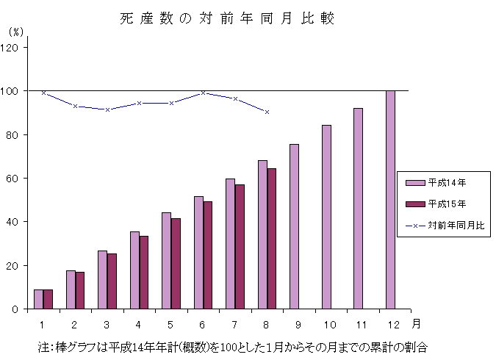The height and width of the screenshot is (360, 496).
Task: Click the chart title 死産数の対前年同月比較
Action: [x=227, y=19]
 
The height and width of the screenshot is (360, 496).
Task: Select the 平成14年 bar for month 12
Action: [x=390, y=199]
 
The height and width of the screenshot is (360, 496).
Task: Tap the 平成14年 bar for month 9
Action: [x=294, y=226]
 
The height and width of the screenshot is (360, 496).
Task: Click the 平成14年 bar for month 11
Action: [x=358, y=208]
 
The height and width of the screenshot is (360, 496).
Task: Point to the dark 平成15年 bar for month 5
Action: [x=176, y=263]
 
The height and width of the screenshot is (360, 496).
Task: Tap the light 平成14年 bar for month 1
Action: [x=38, y=299]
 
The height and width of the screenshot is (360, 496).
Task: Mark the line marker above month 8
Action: [x=267, y=112]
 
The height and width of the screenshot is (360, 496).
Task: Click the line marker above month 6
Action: [x=203, y=93]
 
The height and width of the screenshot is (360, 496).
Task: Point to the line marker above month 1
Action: [x=43, y=93]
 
